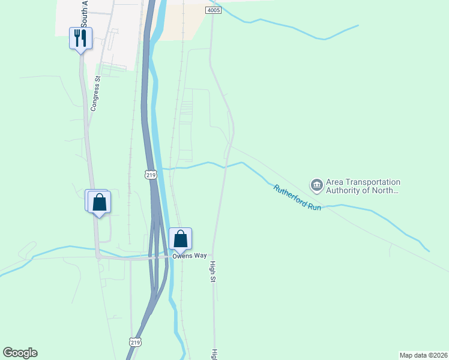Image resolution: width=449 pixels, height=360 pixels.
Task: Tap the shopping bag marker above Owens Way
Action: pyautogui.click(x=180, y=239)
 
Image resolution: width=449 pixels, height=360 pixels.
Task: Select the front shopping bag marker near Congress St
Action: pyautogui.click(x=100, y=202)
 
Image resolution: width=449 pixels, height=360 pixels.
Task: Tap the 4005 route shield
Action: pyautogui.click(x=212, y=11)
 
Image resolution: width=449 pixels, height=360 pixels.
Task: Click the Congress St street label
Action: pyautogui.click(x=95, y=96)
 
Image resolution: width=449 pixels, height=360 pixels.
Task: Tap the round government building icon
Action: pyautogui.click(x=316, y=184)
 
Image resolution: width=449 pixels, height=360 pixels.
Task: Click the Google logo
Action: pyautogui.click(x=20, y=353)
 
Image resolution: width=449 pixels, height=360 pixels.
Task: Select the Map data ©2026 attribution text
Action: pyautogui.click(x=423, y=355)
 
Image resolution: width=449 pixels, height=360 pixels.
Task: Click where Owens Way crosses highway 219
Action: pyautogui.click(x=157, y=257)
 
